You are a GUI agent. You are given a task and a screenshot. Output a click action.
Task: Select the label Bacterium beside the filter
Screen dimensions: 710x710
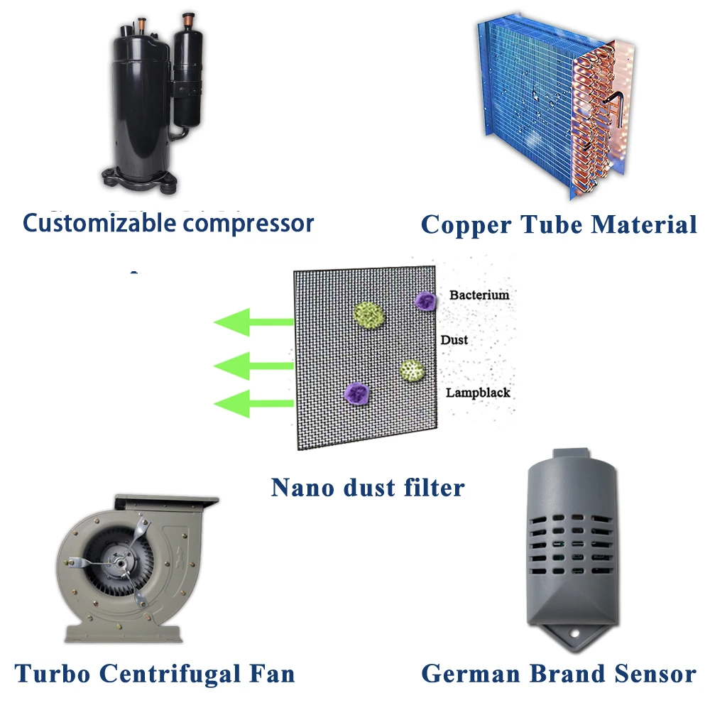pos(479,294)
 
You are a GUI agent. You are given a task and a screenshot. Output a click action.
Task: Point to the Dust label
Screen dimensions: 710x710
pos(454,340)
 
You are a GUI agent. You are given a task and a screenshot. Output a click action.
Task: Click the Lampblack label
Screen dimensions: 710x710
pos(478,393)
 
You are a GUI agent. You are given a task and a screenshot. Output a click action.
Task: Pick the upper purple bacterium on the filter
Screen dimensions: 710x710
pos(425,301)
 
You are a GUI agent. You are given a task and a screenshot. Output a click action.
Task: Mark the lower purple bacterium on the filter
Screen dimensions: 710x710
pos(355,392)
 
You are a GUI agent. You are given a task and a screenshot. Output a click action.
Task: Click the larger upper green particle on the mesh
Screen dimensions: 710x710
pos(368,315)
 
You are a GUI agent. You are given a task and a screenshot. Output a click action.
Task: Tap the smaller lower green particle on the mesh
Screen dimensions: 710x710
pos(412,370)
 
